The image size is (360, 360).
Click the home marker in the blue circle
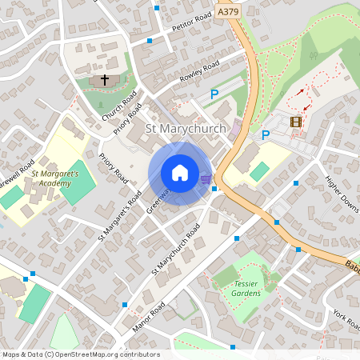[x=180, y=173]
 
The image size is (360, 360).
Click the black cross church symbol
[x=103, y=80]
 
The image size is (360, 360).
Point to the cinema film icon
[x=297, y=122]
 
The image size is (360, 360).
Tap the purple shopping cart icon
[x=206, y=179]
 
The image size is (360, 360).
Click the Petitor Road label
[x=191, y=22]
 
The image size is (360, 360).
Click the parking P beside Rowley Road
[x=214, y=94]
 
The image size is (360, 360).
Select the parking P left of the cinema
[x=265, y=135]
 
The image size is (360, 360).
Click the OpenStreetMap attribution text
[x=81, y=354]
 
